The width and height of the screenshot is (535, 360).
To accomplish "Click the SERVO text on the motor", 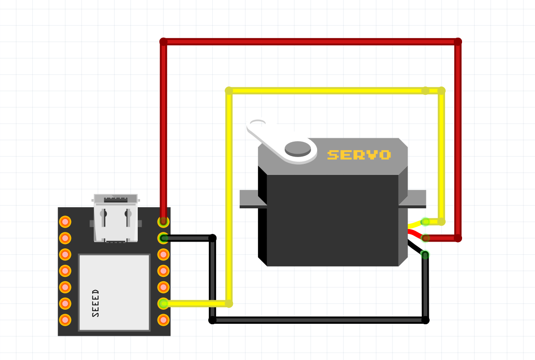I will point(359,155).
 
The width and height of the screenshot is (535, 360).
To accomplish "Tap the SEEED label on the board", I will point(96,303).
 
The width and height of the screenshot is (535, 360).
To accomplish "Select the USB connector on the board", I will point(116,217).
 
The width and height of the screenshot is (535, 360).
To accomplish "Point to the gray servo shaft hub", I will point(298,148).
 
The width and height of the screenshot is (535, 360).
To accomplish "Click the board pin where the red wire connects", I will point(163,222).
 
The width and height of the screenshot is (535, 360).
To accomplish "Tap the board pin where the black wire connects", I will point(163,238).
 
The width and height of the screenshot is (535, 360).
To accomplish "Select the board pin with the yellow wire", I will point(163,303).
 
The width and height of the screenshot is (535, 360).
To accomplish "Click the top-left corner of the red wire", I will point(163,42).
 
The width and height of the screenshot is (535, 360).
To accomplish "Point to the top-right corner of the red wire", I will point(458,42).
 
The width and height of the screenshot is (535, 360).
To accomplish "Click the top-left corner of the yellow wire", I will point(229,91).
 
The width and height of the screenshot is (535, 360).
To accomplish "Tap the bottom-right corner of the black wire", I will point(425,320).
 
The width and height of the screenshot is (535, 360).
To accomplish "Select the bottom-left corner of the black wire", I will point(213,320).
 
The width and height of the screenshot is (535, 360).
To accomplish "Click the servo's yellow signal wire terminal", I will point(425,222).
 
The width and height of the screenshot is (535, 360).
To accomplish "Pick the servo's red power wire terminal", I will point(425,238).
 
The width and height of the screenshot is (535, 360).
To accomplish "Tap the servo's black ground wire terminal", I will point(425,254).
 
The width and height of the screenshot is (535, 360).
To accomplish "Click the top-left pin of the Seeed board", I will point(65,222).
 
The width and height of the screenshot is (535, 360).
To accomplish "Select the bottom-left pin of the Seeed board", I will point(65,320).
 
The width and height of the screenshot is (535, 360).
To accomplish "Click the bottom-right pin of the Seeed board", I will point(163,320).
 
